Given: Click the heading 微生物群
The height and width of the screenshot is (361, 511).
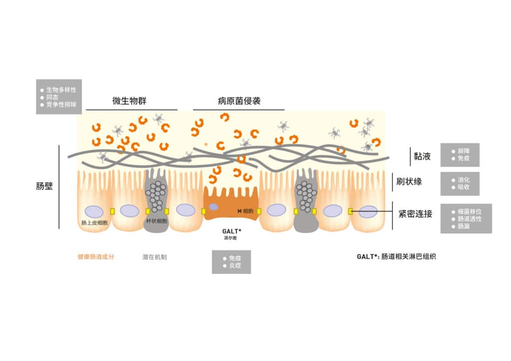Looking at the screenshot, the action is [x=129, y=101].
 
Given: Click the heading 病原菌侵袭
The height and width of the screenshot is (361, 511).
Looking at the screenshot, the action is [x=239, y=101].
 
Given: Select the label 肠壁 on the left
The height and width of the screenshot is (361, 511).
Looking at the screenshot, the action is [x=44, y=186].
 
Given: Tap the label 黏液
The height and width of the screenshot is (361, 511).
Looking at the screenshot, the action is [x=422, y=156].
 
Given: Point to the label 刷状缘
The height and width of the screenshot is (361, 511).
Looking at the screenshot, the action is [x=409, y=181].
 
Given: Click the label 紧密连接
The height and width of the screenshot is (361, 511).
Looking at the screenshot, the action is [x=415, y=214].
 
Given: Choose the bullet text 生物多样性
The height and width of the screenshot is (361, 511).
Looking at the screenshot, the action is [x=61, y=90].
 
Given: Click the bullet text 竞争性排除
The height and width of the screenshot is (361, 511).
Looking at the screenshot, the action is [x=61, y=105].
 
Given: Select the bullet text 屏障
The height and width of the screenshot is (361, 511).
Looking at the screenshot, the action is [x=464, y=151].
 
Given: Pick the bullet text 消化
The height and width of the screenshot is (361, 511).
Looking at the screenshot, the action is [x=464, y=180].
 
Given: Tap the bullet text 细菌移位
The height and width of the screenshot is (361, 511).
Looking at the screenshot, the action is [x=470, y=211].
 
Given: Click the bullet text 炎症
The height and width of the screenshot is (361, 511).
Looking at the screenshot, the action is [x=235, y=266].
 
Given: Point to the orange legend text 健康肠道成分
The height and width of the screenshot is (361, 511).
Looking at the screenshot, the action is [x=96, y=257].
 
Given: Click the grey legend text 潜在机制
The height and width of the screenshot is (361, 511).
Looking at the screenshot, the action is [x=155, y=257].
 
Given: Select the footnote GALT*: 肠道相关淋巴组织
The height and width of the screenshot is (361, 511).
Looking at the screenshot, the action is [x=396, y=256].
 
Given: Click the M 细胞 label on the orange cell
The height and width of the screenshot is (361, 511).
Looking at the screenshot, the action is [x=246, y=211].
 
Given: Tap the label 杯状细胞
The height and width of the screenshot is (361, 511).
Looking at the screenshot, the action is [x=157, y=221].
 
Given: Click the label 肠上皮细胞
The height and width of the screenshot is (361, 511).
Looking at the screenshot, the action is [x=94, y=223].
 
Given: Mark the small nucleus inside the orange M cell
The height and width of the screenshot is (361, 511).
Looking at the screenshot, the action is [x=214, y=207].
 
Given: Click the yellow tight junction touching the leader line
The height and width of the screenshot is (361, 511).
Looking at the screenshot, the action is [x=350, y=211].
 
